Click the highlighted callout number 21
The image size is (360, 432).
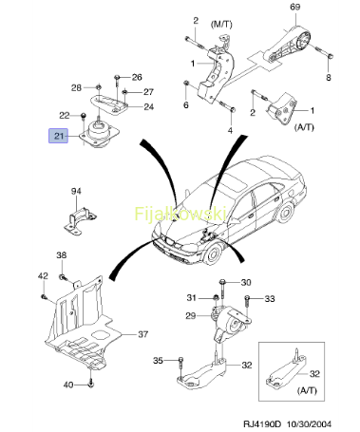coord(59,136)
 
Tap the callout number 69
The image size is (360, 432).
coord(295,7)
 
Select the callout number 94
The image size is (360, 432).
coord(76,191)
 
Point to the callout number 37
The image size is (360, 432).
coord(143,334)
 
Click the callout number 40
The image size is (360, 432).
coord(68,385)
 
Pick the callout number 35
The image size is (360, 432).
coord(158,361)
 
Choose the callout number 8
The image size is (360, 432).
coord(329,77)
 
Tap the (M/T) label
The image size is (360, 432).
coord(221,24)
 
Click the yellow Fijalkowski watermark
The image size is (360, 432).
coord(180,214)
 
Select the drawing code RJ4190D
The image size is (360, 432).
coord(262,423)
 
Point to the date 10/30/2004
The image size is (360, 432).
coord(309,423)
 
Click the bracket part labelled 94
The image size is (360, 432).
coord(80,220)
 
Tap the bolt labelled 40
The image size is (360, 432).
coord(91,383)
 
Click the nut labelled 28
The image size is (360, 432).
coord(99,86)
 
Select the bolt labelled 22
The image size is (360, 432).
coord(84,116)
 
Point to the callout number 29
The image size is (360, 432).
coord(191,315)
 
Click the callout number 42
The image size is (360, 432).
coord(43,276)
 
